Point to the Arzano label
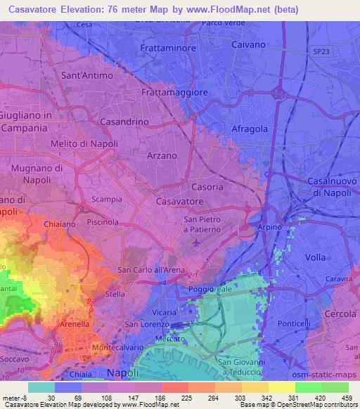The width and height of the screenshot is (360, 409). tap(160, 155)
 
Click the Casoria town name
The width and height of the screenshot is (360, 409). tap(207, 188)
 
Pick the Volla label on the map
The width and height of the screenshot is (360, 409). tap(316, 257)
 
